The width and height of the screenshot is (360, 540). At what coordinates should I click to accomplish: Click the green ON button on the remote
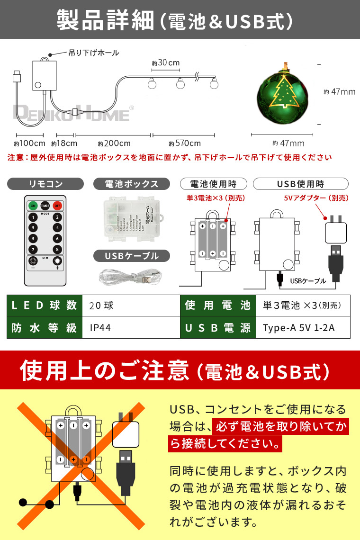click(x=33, y=206)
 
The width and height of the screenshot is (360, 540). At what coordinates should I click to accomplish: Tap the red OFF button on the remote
click(x=57, y=206)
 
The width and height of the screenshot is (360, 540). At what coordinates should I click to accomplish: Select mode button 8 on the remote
click(x=57, y=249)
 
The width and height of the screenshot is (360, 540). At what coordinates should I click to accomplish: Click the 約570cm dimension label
click(x=184, y=143)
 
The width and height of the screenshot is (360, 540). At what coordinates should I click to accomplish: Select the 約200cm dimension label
click(x=114, y=143)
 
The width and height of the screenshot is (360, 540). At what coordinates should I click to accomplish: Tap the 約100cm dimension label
click(x=29, y=143)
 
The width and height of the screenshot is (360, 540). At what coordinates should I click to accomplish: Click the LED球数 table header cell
click(x=44, y=306)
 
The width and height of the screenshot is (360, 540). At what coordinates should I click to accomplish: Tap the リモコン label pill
click(x=45, y=184)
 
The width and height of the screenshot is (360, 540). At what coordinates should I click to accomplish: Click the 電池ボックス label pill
click(x=125, y=184)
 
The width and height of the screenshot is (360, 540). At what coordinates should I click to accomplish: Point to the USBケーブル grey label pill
click(x=125, y=256)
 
